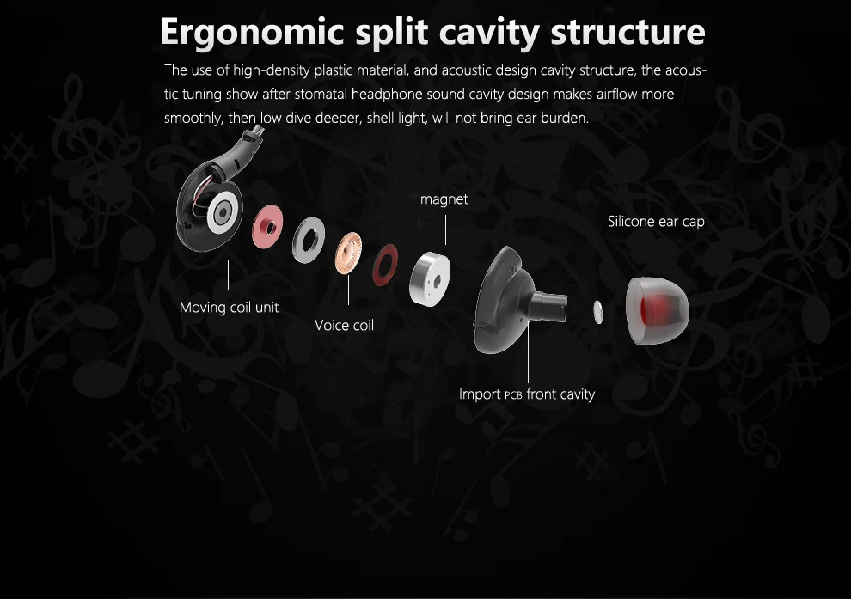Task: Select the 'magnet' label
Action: click(x=444, y=199)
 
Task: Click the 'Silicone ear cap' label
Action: click(x=656, y=222)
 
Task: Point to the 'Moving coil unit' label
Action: click(x=229, y=307)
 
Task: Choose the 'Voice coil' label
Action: click(x=344, y=325)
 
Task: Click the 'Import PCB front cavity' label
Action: click(x=526, y=394)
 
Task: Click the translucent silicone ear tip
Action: click(x=658, y=310)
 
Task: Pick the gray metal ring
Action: click(x=309, y=241)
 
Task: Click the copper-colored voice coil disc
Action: click(x=350, y=252)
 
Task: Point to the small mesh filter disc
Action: click(x=600, y=312)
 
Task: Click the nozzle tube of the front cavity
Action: click(x=548, y=305)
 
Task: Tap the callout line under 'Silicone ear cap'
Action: click(x=640, y=248)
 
